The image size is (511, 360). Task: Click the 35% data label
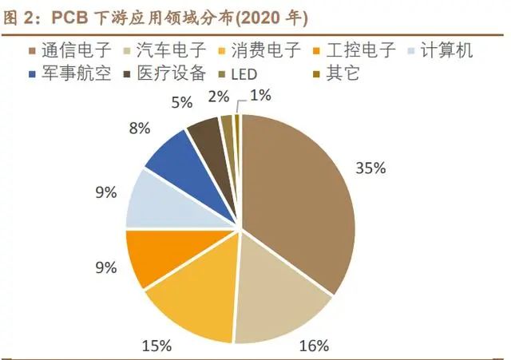(x=370, y=168)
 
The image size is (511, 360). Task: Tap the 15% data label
(x=156, y=345)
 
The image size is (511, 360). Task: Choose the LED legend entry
(x=244, y=74)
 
